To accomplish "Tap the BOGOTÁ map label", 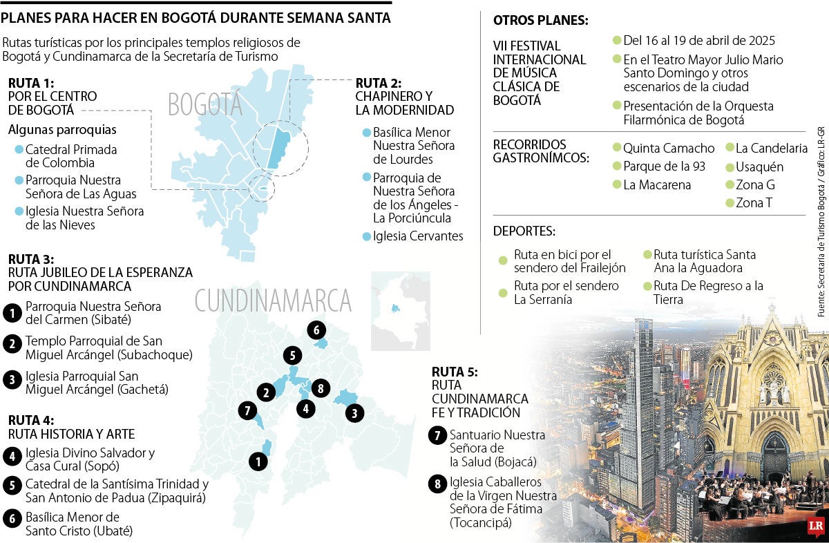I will (205, 104).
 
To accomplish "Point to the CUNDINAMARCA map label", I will (273, 301).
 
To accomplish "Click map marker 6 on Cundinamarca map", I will (316, 330).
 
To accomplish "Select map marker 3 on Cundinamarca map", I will (354, 414).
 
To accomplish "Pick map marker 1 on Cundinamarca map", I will (258, 461).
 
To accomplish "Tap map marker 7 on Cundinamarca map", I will (247, 410).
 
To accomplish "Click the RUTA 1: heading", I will (31, 83).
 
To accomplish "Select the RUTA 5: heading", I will (455, 372).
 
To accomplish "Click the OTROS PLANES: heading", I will (541, 21).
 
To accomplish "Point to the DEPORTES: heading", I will (524, 231).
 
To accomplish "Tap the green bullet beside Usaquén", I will (730, 166).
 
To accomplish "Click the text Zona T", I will (754, 203).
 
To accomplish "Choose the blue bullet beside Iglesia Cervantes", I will (366, 237).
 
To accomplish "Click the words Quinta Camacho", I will (669, 148).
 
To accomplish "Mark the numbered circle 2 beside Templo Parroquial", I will (12, 343).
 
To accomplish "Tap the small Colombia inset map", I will (401, 311).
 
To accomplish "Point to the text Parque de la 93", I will (664, 166).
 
